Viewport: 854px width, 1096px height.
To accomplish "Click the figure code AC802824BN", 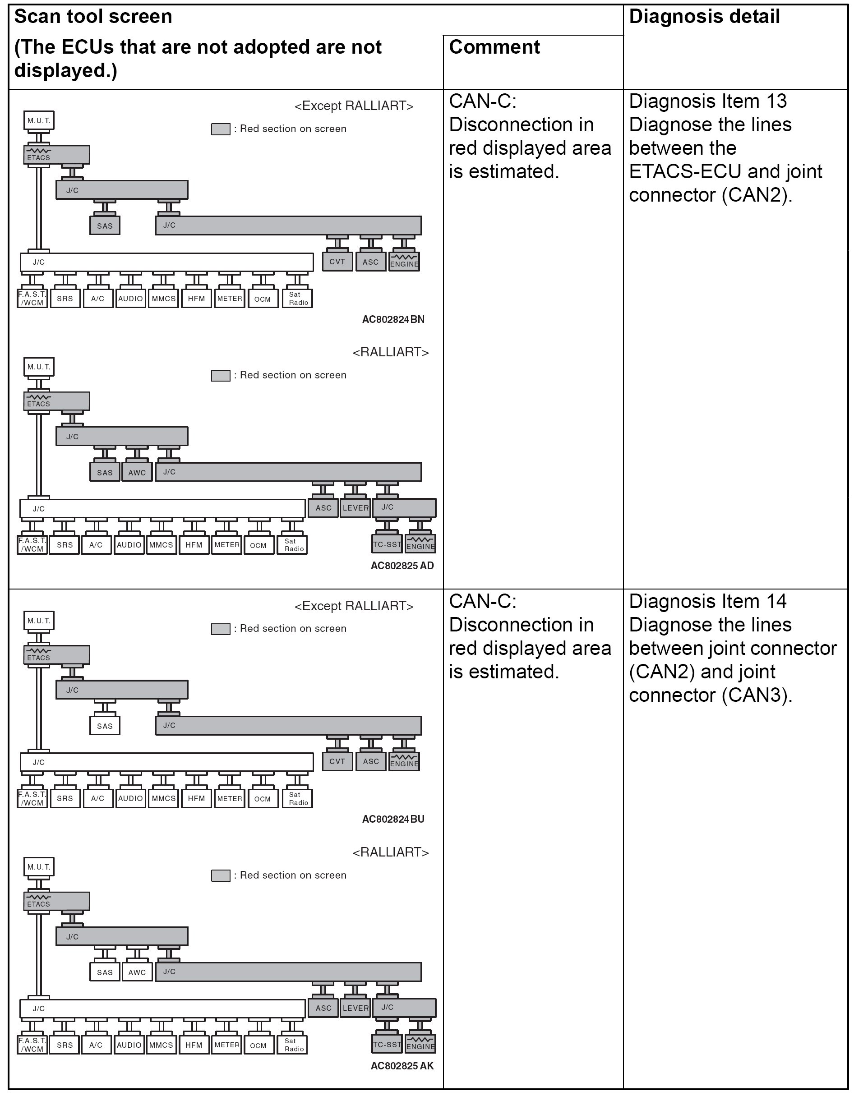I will pyautogui.click(x=393, y=319).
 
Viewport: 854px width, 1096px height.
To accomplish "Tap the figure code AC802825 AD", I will pyautogui.click(x=402, y=566).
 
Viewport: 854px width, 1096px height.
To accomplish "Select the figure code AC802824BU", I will pyautogui.click(x=393, y=819).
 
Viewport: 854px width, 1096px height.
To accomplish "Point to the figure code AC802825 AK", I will pyautogui.click(x=402, y=1065).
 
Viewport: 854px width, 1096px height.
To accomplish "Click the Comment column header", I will pyautogui.click(x=494, y=47).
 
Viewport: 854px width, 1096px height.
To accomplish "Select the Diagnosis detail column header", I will pyautogui.click(x=704, y=17).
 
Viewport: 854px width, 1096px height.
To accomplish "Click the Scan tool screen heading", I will pyautogui.click(x=93, y=17).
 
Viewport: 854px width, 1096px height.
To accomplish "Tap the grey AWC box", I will pyautogui.click(x=137, y=472).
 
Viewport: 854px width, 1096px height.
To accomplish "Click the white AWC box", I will pyautogui.click(x=137, y=972).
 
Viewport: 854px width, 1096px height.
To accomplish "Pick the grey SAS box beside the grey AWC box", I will pyautogui.click(x=105, y=472).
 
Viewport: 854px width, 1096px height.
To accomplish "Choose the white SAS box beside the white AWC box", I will pyautogui.click(x=105, y=972).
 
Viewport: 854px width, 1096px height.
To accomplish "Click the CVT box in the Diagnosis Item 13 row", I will pyautogui.click(x=337, y=262).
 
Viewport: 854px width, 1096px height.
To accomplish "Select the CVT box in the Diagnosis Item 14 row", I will pyautogui.click(x=337, y=761).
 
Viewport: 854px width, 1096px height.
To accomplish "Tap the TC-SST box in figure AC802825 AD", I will pyautogui.click(x=387, y=544).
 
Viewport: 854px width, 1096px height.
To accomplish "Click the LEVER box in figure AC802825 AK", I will pyautogui.click(x=355, y=1008).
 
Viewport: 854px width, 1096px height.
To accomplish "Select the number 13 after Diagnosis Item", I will pyautogui.click(x=776, y=101).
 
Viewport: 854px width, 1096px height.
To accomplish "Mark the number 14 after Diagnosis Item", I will pyautogui.click(x=776, y=601).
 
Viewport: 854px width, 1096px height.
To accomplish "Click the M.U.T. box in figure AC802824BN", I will pyautogui.click(x=39, y=120).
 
